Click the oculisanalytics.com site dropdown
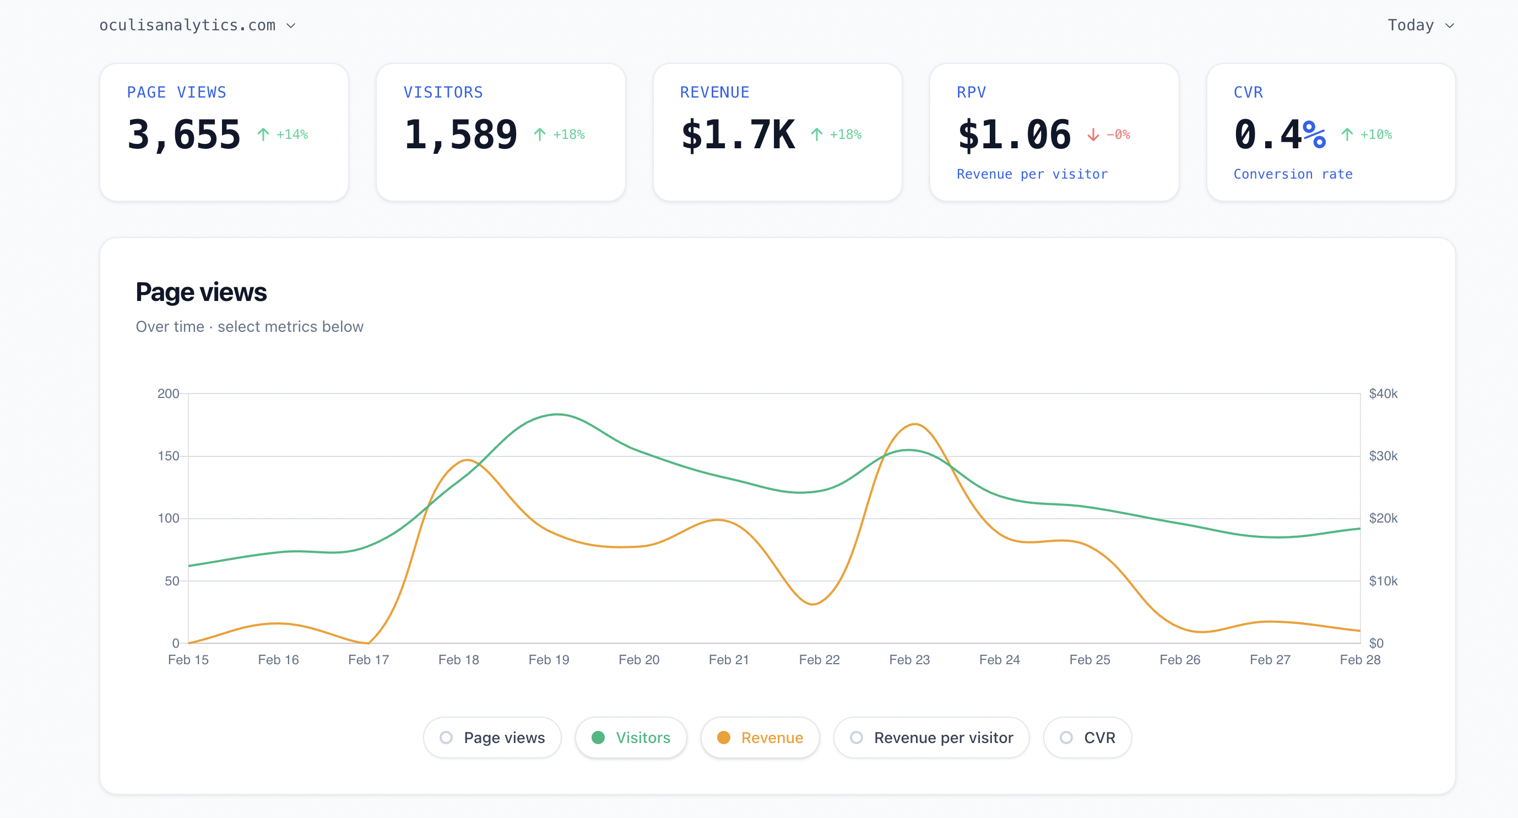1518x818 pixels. (x=197, y=25)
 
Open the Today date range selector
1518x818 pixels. (x=1420, y=25)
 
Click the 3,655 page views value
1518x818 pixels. (x=184, y=134)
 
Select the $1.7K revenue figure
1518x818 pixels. (x=738, y=134)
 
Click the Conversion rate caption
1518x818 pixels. (x=1293, y=174)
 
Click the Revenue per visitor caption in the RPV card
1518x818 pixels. (x=1032, y=174)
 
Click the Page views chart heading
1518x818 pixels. (x=201, y=292)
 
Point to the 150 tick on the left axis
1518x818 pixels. (x=168, y=456)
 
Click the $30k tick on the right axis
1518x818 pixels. (x=1383, y=456)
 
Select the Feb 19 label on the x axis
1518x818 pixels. (x=549, y=659)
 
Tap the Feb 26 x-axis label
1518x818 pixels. (x=1180, y=659)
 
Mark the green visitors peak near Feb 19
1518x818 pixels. (x=557, y=415)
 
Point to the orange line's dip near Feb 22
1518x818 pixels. (x=812, y=604)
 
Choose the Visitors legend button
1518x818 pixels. (x=631, y=737)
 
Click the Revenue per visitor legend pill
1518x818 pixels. (x=931, y=737)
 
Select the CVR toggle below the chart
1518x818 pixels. (x=1087, y=737)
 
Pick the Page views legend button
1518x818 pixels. (x=492, y=737)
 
